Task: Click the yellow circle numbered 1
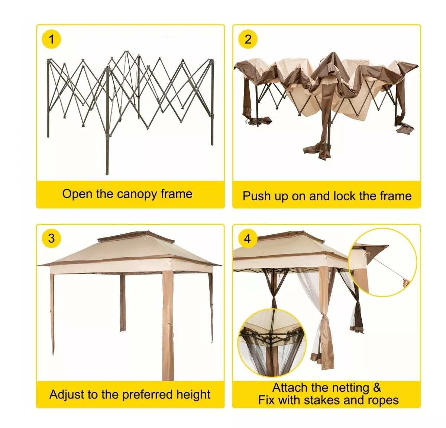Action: pos(51,39)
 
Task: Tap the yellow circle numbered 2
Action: pos(248,39)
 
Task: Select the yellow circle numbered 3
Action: pos(51,238)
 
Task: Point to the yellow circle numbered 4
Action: pos(248,238)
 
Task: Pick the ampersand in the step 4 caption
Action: pos(377,388)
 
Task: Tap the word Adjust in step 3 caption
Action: pos(67,394)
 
